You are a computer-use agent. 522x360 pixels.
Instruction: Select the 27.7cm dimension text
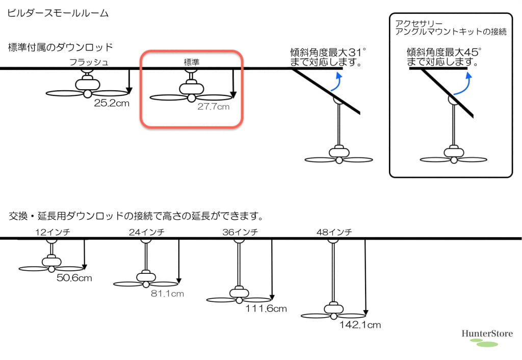point(213,107)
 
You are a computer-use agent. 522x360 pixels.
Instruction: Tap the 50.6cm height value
point(74,278)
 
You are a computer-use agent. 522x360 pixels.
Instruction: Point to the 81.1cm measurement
point(167,294)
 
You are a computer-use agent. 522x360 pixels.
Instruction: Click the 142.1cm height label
point(360,324)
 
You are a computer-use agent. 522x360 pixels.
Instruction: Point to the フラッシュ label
point(89,63)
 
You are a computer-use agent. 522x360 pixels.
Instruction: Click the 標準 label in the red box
point(191,62)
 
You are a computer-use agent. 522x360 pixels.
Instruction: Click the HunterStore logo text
point(487,334)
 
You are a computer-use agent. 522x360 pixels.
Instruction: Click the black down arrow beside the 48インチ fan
point(366,276)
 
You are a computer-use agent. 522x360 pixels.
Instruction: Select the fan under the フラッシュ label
point(87,88)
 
